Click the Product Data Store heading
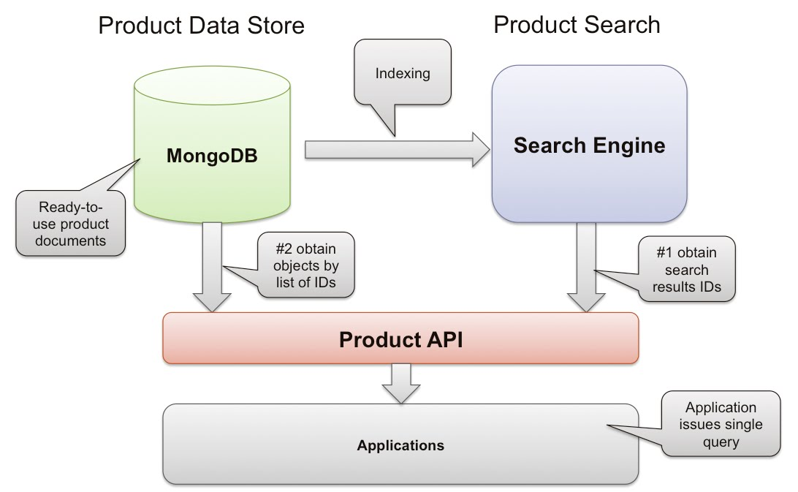[x=201, y=26]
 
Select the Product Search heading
[x=577, y=24]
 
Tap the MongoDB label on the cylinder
[x=212, y=155]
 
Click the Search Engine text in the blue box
[x=589, y=145]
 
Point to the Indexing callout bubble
[x=403, y=74]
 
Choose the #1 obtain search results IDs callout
[x=688, y=270]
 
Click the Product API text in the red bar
[x=400, y=339]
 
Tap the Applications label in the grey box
[x=400, y=444]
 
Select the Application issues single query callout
[x=721, y=425]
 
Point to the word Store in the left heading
[x=273, y=26]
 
